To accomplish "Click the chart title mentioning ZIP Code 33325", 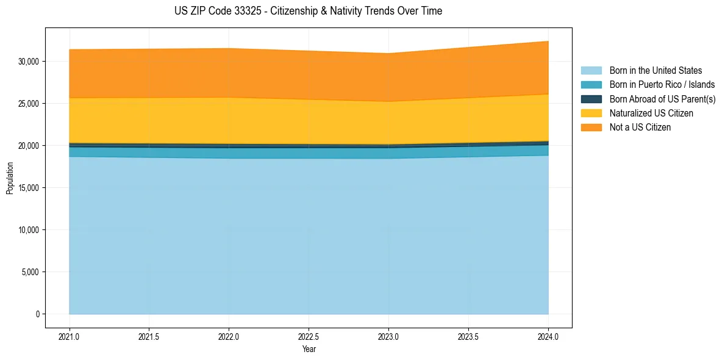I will tap(308, 11).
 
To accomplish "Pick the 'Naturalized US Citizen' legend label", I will tap(651, 113).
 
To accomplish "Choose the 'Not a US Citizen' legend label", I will tap(640, 128).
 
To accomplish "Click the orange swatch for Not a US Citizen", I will tap(591, 128).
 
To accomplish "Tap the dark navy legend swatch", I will tap(591, 99).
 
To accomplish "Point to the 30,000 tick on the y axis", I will tap(29, 62).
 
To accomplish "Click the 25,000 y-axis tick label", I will tap(29, 104).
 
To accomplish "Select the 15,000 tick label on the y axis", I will tap(29, 188).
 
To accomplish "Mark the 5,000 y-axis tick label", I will tap(30, 272).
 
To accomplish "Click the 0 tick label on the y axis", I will tap(37, 314).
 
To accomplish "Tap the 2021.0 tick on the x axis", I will tap(69, 336).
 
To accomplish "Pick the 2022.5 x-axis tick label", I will tap(309, 336).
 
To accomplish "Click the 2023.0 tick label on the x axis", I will tap(388, 336).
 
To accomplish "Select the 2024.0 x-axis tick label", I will tap(548, 336).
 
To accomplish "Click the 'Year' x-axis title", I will tap(309, 349).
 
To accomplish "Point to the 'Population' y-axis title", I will tap(10, 178).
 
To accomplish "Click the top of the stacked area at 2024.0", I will tap(548, 41).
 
